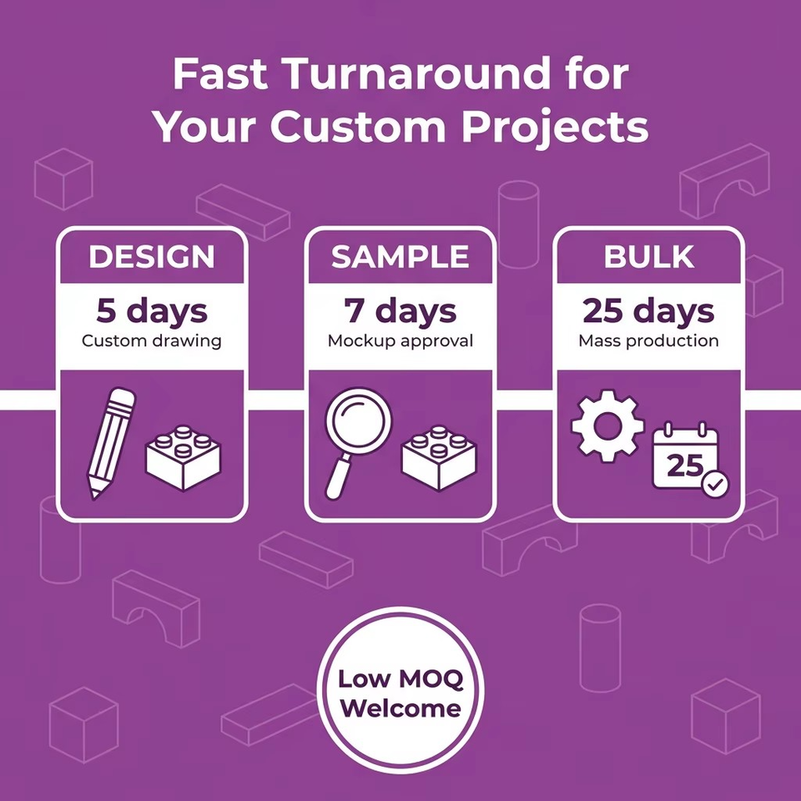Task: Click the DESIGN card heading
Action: coord(152,256)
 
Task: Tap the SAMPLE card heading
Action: coord(400,256)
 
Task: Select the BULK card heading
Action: coord(649,256)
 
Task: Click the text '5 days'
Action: coord(152,311)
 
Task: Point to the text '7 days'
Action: coord(400,311)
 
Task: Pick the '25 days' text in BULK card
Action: coord(648,311)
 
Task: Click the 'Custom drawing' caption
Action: coord(152,340)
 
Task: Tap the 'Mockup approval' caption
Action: coord(400,340)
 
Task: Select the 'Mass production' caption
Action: coord(648,340)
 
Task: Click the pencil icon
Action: coord(111,443)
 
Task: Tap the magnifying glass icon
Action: coord(358,443)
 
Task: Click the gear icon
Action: coord(607,426)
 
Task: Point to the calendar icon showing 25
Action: coord(686,456)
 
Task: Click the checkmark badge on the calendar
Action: coord(716,484)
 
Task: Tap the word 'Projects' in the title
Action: coord(555,128)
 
